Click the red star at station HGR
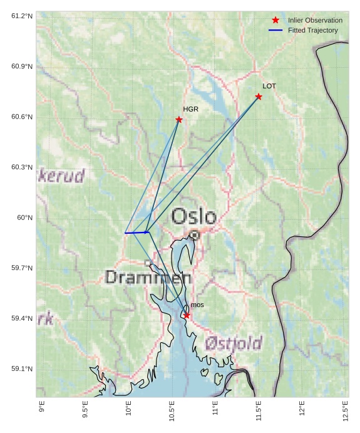pos(179,120)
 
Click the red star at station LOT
pos(259,97)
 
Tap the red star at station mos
pos(187,315)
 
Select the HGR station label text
pos(190,109)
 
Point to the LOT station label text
pos(269,86)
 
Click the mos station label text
pos(197,305)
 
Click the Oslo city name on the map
pos(194,217)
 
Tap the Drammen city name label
pos(148,278)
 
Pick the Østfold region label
pos(234,343)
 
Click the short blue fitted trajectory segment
pos(136,232)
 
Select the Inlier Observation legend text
pos(315,21)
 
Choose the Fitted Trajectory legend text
pos(312,30)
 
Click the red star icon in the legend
pos(275,21)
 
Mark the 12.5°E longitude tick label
pos(345,410)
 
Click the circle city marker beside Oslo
pos(195,235)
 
